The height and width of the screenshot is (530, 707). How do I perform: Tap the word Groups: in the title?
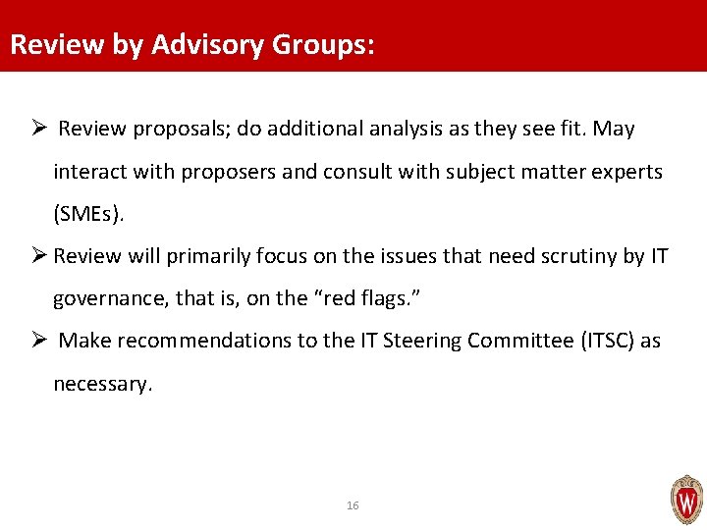tap(323, 45)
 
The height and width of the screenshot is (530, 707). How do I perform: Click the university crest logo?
tap(685, 500)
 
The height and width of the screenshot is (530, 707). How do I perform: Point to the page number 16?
tap(353, 505)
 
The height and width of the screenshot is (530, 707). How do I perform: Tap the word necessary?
tap(103, 384)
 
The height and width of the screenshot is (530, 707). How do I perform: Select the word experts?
tap(629, 172)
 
